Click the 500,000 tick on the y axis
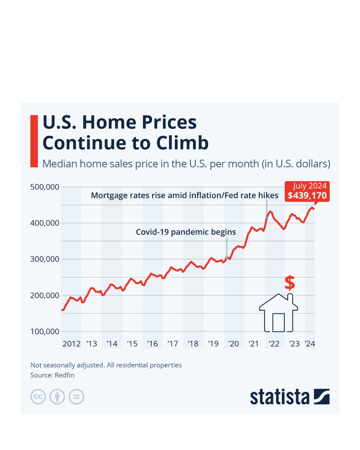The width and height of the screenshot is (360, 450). tap(45, 187)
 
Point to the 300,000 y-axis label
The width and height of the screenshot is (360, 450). tap(45, 259)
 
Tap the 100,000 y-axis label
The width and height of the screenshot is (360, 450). tap(45, 331)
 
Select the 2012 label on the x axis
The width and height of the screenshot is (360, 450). tap(71, 344)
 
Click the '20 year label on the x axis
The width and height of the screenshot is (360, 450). tap(233, 344)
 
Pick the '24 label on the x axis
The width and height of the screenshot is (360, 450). tap(310, 344)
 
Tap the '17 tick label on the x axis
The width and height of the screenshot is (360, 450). tap(173, 344)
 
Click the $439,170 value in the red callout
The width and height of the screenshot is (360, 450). tap(307, 196)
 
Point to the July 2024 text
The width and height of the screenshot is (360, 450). tap(310, 186)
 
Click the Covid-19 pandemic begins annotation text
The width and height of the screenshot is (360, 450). tap(186, 232)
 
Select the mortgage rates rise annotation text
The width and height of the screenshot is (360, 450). tap(184, 195)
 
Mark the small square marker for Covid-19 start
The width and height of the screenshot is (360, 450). tap(227, 258)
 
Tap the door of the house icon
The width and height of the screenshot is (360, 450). tap(278, 322)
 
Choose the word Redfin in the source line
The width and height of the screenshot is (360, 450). tap(64, 375)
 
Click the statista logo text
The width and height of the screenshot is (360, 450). tap(280, 397)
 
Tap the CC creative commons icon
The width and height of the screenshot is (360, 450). tap(38, 397)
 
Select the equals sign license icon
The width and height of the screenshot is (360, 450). tap(76, 397)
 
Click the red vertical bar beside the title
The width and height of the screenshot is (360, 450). tap(34, 141)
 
